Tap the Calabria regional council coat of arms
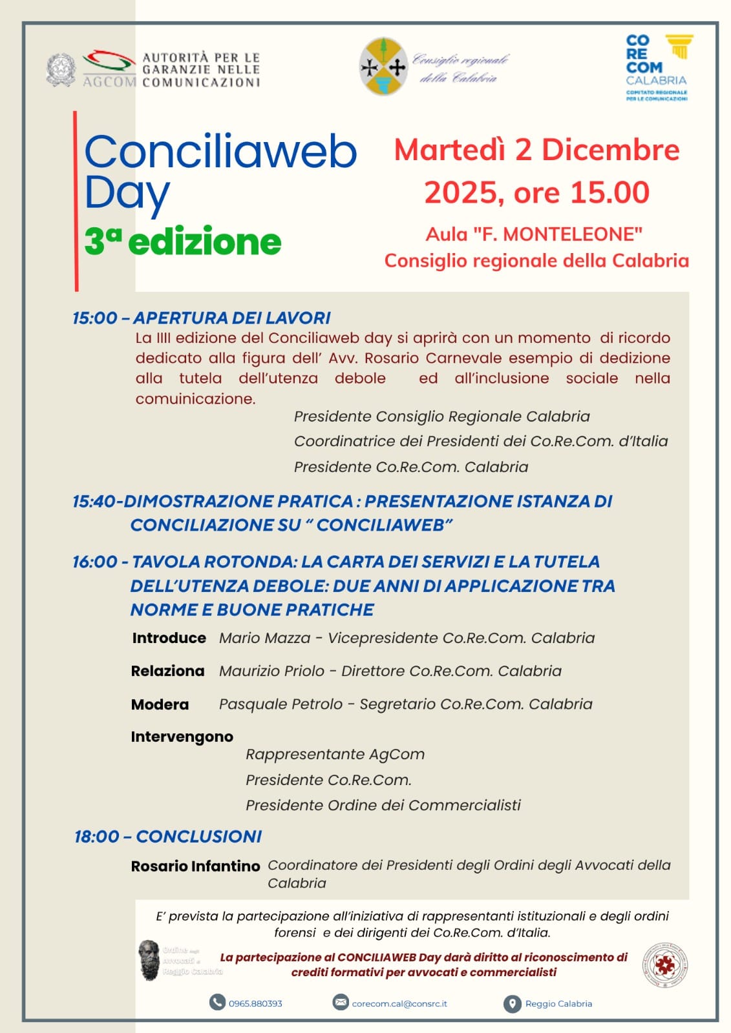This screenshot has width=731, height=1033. [x=383, y=66]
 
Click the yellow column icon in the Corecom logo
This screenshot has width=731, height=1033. [x=679, y=46]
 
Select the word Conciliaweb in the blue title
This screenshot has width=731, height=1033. [x=220, y=152]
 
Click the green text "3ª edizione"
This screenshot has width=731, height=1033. [x=183, y=242]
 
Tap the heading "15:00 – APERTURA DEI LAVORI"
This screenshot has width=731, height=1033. [x=201, y=318]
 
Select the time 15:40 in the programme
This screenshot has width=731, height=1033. [x=94, y=501]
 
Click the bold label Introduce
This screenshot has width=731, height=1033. [x=169, y=638]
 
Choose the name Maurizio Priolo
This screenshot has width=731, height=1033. [x=271, y=671]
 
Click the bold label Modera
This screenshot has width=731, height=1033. [x=160, y=704]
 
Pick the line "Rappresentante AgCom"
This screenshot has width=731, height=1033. [x=335, y=754]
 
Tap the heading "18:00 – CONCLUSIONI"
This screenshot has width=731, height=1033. [x=168, y=836]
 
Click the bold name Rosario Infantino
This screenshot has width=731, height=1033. [x=195, y=866]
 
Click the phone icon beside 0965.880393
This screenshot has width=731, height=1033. [x=217, y=1002]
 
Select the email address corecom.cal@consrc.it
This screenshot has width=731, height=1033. [x=399, y=1003]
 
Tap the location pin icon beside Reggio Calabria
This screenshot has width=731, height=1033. [x=512, y=1004]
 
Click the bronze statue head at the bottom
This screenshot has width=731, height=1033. [x=149, y=959]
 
